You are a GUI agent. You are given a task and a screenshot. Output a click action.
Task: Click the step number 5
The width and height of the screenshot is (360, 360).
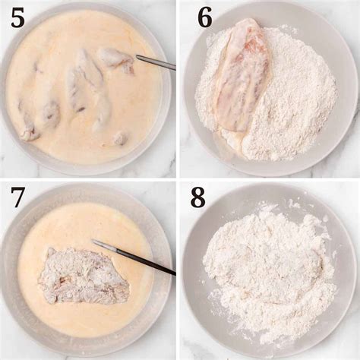(17, 18)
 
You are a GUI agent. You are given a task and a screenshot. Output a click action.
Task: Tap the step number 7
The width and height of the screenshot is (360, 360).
(17, 197)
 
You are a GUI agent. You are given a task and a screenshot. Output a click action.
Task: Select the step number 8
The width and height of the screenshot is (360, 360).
(197, 197)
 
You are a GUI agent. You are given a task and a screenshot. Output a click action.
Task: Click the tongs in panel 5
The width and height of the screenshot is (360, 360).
(156, 62)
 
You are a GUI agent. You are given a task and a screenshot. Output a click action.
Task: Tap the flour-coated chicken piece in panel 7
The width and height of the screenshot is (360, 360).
(85, 276)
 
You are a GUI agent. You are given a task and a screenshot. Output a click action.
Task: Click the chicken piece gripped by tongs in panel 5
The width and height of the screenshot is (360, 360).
(116, 60)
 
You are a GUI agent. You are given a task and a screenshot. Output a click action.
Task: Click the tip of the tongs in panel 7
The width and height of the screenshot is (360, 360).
(93, 240)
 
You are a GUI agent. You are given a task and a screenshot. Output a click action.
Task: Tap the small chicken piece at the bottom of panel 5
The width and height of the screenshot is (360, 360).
(119, 139)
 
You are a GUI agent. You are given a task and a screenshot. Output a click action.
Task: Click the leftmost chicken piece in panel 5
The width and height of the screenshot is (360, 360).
(28, 127)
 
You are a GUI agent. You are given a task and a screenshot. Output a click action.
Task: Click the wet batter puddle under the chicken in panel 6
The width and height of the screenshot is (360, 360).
(228, 142)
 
